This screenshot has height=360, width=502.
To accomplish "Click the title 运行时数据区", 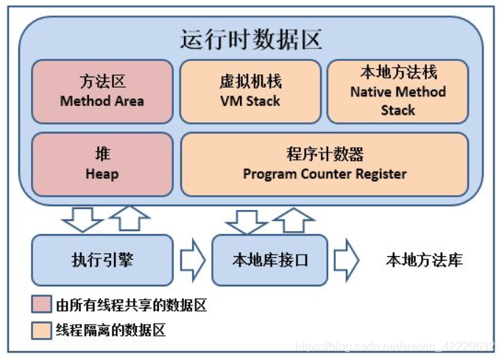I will [251, 38].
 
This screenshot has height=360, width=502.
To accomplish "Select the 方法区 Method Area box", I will [102, 91].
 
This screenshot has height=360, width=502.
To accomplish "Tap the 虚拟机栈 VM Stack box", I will [250, 91].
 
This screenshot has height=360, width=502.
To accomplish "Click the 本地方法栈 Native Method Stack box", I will [397, 91].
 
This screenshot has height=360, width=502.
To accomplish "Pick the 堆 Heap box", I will [102, 164].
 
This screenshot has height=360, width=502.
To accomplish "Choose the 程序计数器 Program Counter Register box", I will [324, 164].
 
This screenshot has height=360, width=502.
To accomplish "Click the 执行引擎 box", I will [102, 260].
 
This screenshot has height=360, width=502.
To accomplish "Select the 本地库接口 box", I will [269, 260].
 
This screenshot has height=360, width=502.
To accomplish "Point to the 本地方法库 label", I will [424, 261].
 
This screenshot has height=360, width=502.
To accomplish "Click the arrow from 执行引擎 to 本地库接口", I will [193, 261].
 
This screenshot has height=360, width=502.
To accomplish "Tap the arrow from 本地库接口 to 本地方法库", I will [345, 261].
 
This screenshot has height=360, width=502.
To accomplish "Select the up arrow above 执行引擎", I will [129, 219].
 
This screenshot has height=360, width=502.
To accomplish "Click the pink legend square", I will [42, 305].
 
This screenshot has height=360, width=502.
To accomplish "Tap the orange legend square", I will [42, 329].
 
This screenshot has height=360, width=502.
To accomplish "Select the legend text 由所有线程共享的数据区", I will [131, 305].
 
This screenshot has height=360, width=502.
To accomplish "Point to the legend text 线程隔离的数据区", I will [110, 329].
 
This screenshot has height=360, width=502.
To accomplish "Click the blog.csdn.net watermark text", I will [394, 346].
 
